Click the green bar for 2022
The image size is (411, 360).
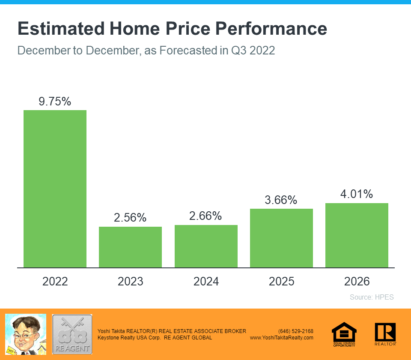click(x=55, y=189)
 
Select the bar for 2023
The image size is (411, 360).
click(x=130, y=247)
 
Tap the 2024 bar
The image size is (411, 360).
click(x=206, y=246)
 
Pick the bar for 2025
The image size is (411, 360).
click(x=281, y=238)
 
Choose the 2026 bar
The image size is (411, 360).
click(x=357, y=235)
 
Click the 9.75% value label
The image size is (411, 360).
click(x=55, y=102)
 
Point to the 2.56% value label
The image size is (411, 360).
click(x=130, y=218)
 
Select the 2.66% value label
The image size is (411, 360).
click(x=206, y=216)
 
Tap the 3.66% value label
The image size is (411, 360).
click(x=281, y=200)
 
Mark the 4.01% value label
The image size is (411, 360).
click(x=357, y=194)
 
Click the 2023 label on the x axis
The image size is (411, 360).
click(x=130, y=282)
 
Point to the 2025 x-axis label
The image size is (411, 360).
click(x=281, y=282)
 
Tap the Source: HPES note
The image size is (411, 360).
click(x=372, y=297)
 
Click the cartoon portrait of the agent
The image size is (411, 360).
click(x=25, y=334)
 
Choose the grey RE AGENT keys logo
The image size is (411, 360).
click(x=72, y=334)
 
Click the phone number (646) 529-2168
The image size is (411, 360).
click(x=295, y=331)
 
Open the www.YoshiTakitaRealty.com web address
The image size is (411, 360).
click(x=281, y=338)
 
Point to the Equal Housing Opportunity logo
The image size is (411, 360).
click(x=344, y=334)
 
